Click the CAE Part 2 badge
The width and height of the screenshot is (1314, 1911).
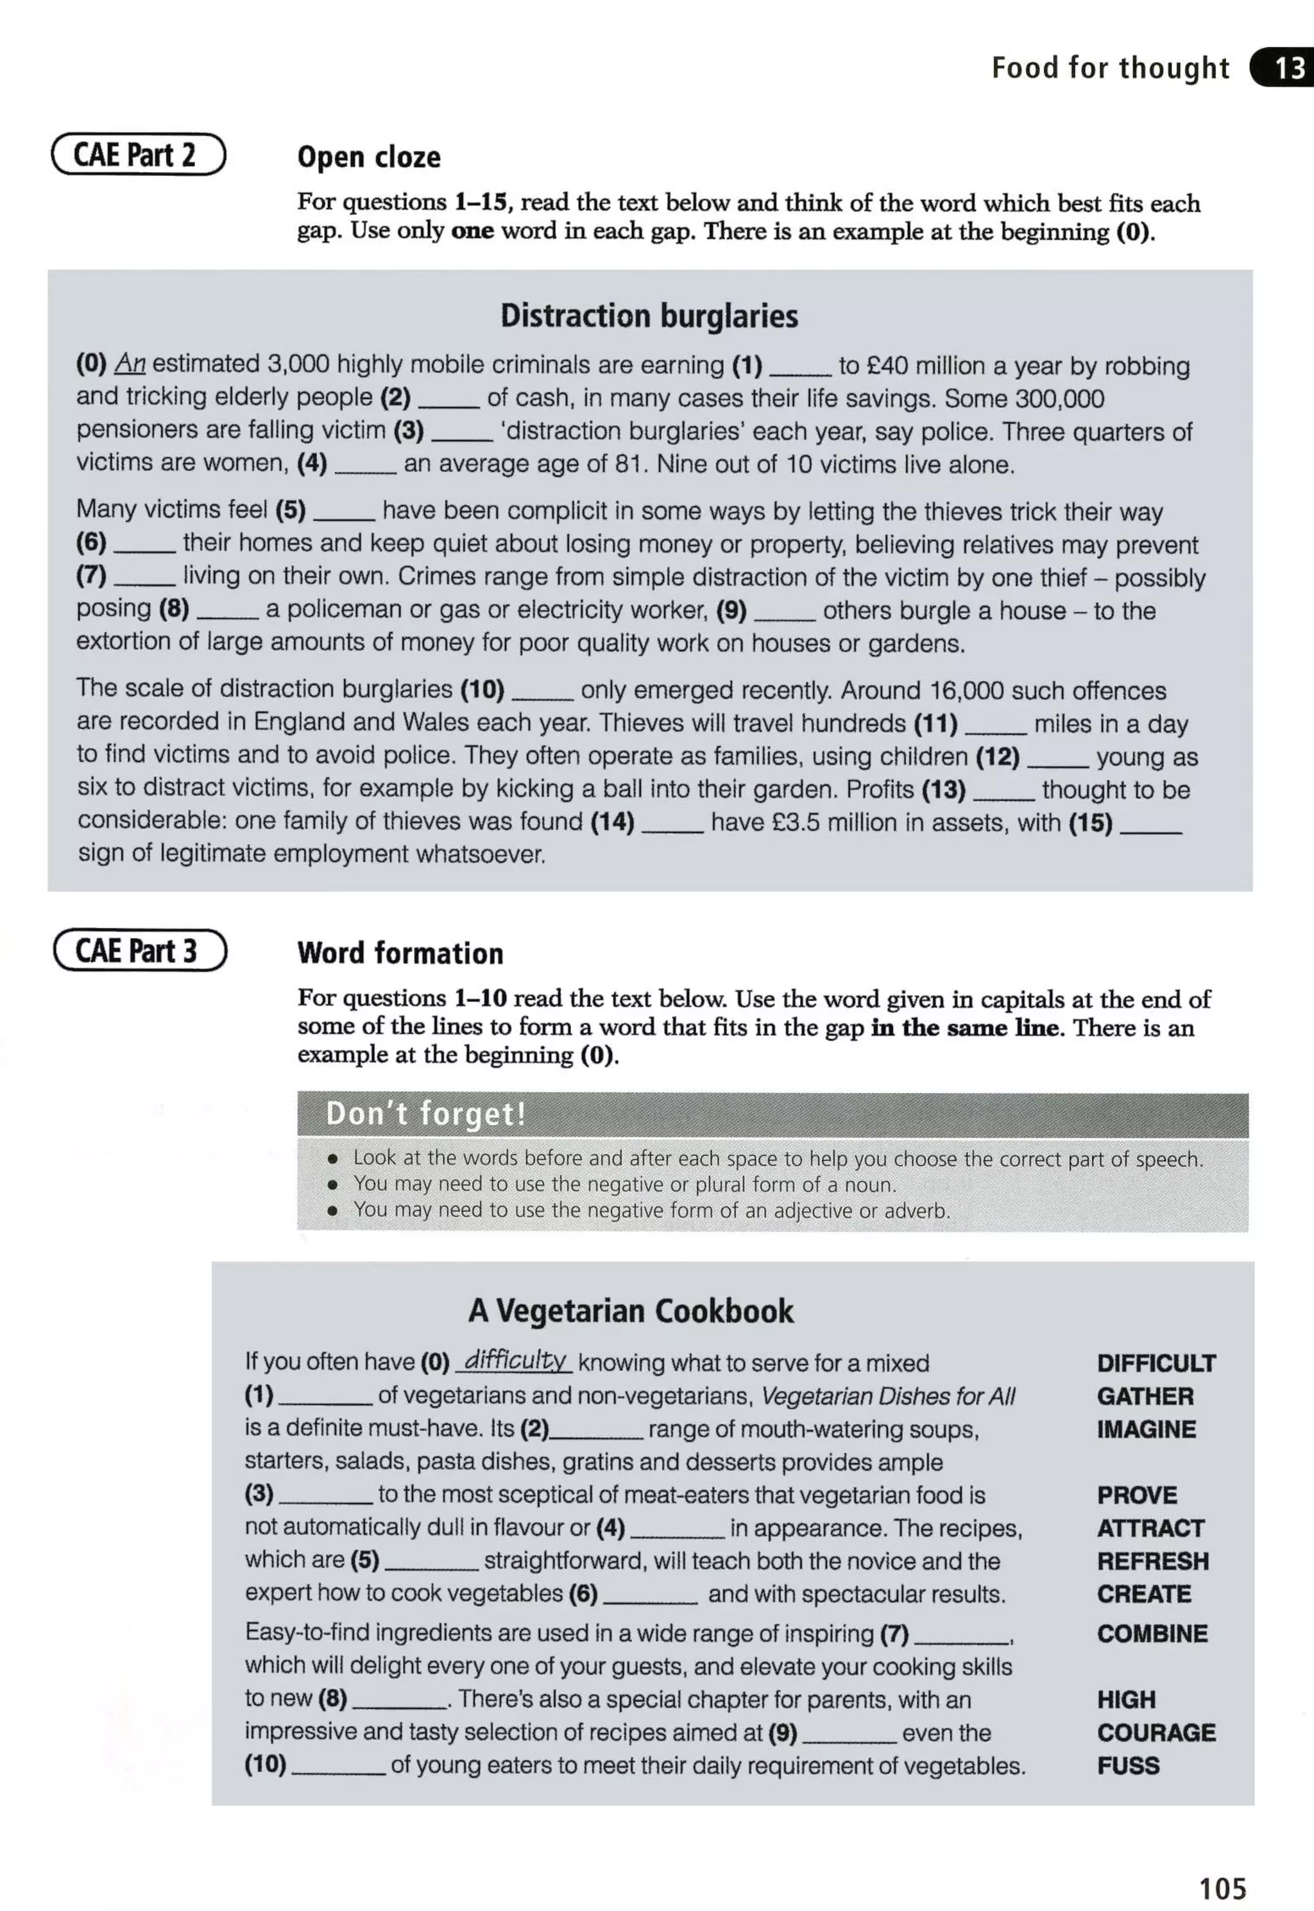pos(139,155)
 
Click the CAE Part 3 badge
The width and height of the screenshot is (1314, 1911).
pos(140,951)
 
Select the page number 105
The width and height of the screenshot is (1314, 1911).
pos(1223,1887)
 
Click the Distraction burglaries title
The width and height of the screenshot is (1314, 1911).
pos(649,316)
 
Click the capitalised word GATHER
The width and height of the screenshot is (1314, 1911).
pos(1145,1396)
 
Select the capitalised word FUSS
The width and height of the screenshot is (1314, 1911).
pos(1128,1765)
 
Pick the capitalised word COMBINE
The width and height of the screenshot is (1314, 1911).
pos(1152,1634)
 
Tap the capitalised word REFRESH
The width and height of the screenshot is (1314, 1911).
pos(1152,1561)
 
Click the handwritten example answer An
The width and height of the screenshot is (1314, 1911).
pos(129,363)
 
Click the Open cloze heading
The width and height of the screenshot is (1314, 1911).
pos(369,157)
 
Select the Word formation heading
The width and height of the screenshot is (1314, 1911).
pos(400,953)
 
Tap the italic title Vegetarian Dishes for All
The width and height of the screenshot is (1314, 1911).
pos(887,1396)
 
